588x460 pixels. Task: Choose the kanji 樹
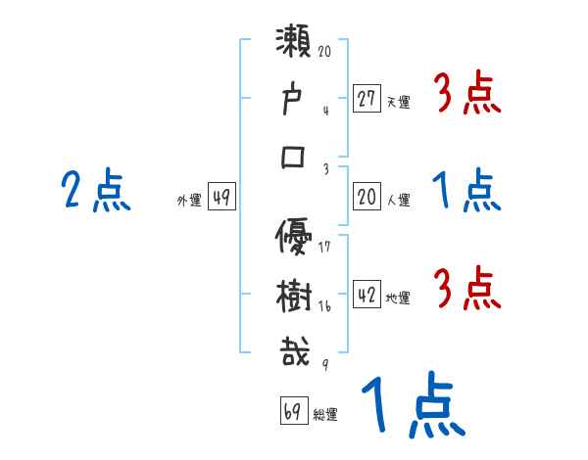pyautogui.click(x=295, y=296)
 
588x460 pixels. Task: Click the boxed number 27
pyautogui.click(x=367, y=99)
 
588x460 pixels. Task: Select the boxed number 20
pyautogui.click(x=367, y=198)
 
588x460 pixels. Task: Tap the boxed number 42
pyautogui.click(x=367, y=296)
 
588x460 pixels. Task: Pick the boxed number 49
pyautogui.click(x=221, y=198)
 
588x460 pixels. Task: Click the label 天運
pyautogui.click(x=398, y=102)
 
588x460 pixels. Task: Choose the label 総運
pyautogui.click(x=325, y=415)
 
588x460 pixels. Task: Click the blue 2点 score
pyautogui.click(x=95, y=190)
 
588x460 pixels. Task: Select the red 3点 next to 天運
pyautogui.click(x=467, y=95)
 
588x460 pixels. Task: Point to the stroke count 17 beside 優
pyautogui.click(x=324, y=246)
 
